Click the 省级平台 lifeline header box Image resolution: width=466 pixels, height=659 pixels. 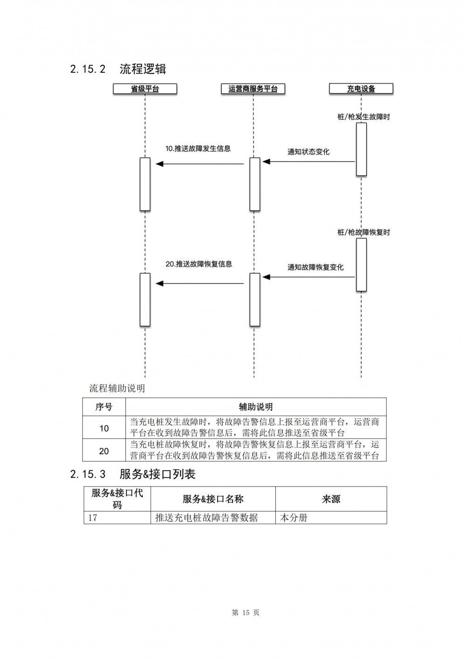145,89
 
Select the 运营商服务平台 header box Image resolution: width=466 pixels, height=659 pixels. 253,89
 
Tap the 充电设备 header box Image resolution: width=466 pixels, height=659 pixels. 361,89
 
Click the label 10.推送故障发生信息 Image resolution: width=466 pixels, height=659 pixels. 198,149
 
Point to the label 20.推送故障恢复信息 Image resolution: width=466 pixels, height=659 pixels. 199,264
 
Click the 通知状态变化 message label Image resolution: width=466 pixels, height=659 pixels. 308,152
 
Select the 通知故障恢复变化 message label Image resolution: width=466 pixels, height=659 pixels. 315,267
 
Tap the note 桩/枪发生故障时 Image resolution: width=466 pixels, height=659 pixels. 363,117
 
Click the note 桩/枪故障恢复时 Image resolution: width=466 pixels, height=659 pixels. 363,232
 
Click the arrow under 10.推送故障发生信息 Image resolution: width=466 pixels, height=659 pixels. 200,164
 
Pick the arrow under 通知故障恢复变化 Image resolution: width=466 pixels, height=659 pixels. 308,277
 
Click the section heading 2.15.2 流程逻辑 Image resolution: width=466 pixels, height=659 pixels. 118,69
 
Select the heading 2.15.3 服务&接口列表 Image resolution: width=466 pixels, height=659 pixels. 133,474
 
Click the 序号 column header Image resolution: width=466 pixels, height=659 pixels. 104,407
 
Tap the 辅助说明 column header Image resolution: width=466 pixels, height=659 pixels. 256,407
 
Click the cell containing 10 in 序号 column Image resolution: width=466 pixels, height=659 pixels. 104,428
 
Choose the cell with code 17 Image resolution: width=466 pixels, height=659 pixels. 117,517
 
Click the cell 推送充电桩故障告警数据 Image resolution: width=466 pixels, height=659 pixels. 213,517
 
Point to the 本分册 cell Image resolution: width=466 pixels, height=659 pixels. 331,517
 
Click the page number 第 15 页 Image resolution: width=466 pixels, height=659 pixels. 246,611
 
